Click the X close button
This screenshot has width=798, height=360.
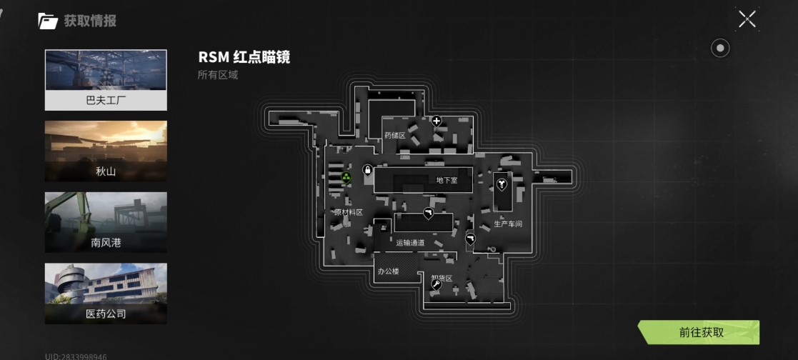[x=747, y=19]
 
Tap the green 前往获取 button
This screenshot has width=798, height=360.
[x=702, y=332]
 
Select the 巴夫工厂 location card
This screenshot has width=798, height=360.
[x=106, y=79]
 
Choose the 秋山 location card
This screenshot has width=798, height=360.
[x=106, y=151]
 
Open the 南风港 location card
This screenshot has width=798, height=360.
[x=106, y=222]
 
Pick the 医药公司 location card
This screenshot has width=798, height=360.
[x=106, y=294]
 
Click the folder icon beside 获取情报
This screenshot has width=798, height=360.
[x=48, y=21]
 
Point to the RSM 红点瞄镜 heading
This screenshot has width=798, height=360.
[x=244, y=58]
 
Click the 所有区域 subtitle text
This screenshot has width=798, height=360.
[x=217, y=74]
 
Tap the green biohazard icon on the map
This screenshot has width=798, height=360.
[x=346, y=176]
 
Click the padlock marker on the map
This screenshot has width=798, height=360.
[x=367, y=171]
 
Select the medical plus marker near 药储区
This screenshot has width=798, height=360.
[x=437, y=121]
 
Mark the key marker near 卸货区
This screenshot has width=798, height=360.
[x=436, y=284]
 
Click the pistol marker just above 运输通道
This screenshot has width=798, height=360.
[x=428, y=212]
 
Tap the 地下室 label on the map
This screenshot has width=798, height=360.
[x=447, y=181]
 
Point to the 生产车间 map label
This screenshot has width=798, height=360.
[x=508, y=224]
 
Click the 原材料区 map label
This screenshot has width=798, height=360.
[x=349, y=212]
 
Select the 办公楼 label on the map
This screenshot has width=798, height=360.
[x=388, y=271]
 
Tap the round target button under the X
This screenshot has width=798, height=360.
[x=721, y=48]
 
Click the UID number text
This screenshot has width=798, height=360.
[x=76, y=356]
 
